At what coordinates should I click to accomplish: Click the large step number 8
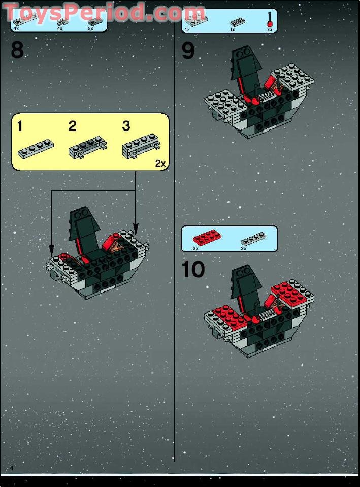tap(17, 50)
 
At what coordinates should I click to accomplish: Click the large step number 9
tap(188, 51)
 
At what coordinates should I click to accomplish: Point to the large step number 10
tap(193, 269)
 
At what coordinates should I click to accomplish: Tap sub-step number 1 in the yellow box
tap(20, 126)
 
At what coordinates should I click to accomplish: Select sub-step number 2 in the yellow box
tap(73, 126)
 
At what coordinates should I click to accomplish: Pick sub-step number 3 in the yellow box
tap(126, 126)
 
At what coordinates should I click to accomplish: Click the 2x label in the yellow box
tap(160, 164)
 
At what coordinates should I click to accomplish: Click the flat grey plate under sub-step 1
tap(36, 149)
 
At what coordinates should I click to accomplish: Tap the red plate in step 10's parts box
tap(207, 238)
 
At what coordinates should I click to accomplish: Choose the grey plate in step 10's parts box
tap(253, 239)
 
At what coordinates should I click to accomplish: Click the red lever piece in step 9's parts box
tap(270, 19)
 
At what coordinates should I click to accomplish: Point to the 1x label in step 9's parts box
tap(233, 30)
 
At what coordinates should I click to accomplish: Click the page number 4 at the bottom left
tap(12, 468)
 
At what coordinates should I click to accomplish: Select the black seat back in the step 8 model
tap(84, 231)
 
